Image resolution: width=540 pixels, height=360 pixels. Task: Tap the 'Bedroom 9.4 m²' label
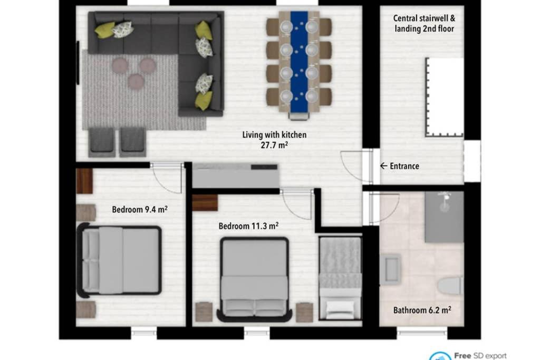click(x=140, y=209)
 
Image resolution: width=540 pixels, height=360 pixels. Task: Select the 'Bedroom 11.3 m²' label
click(x=248, y=226)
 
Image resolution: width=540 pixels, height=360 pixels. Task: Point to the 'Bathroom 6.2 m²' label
click(x=422, y=310)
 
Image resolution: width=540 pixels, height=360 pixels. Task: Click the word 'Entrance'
click(x=404, y=166)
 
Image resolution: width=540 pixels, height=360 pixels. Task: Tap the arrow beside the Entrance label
click(x=384, y=166)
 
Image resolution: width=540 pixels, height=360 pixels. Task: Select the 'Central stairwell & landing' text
click(x=424, y=23)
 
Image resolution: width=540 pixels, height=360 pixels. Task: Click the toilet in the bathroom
click(x=450, y=286)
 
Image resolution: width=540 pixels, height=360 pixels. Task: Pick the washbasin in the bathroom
click(x=391, y=269)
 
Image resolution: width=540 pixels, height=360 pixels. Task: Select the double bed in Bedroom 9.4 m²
click(x=121, y=260)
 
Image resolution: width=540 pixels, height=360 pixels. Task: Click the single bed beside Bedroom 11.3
click(x=340, y=278)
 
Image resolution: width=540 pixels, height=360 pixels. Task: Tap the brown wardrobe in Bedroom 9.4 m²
click(x=84, y=181)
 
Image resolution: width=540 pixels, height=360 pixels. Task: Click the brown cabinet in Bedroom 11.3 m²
click(x=205, y=202)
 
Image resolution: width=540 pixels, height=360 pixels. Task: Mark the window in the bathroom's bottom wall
click(x=421, y=333)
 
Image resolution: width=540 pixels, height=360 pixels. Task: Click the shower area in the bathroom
click(x=444, y=217)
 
